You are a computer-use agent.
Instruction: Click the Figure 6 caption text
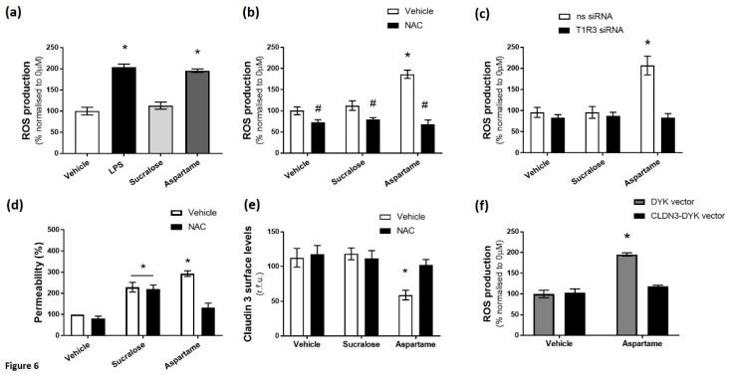point(22,365)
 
